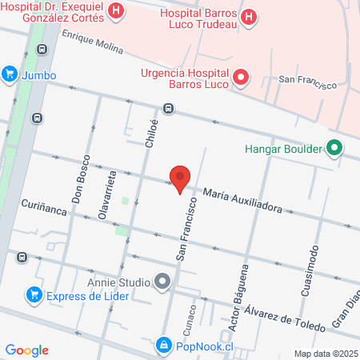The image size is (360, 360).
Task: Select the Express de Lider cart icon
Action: (34, 294)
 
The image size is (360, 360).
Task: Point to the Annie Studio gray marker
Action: (163, 282)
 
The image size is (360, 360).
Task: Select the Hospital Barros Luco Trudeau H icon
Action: (249, 16)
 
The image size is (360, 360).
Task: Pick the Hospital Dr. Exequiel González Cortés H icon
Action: (118, 11)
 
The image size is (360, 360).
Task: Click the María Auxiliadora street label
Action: (242, 200)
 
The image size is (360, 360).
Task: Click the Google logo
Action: (26, 350)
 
